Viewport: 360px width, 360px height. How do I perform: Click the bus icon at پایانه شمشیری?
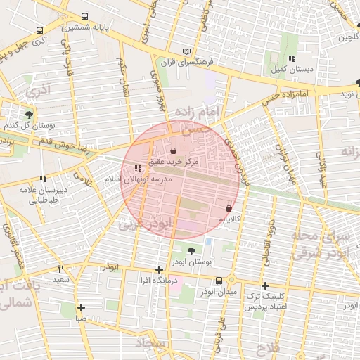[85, 16]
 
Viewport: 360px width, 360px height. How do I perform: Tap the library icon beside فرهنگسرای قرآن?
[186, 51]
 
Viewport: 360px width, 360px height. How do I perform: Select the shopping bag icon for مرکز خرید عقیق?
[174, 150]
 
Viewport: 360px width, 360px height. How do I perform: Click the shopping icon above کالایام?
[229, 208]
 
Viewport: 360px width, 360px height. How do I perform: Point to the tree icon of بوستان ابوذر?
[191, 250]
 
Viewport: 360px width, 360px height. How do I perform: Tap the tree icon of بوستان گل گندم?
[28, 115]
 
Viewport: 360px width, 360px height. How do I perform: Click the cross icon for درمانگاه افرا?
[159, 269]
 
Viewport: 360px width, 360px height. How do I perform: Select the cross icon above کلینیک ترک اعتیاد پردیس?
[264, 285]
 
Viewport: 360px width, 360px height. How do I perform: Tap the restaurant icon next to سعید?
[60, 269]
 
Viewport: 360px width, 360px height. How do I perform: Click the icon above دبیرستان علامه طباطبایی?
[43, 179]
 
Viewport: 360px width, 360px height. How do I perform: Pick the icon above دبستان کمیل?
[291, 58]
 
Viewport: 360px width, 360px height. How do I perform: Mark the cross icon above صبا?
[82, 307]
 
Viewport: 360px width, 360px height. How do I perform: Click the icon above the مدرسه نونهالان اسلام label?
[136, 169]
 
